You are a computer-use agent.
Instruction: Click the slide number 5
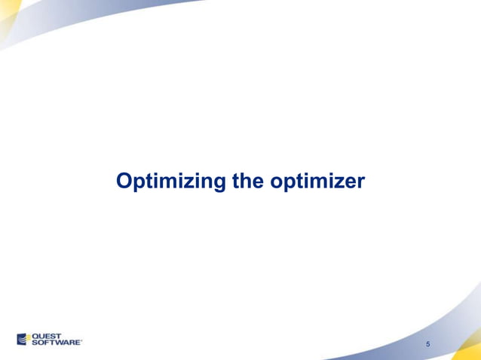427,344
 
